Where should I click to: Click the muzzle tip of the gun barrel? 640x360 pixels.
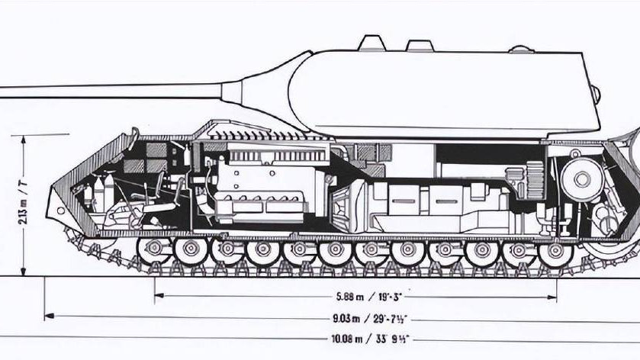[2, 91]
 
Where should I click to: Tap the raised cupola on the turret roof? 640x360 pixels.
[370, 41]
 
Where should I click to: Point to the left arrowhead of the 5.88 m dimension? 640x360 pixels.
[157, 295]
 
